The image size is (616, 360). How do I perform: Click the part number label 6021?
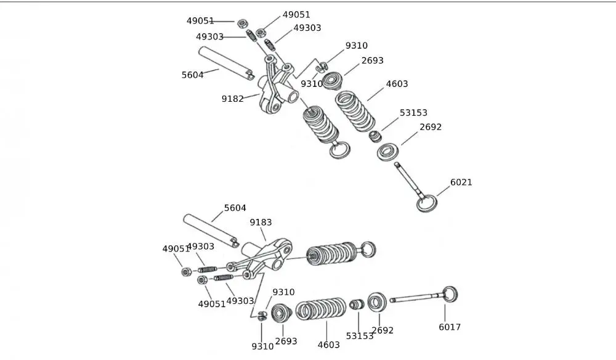tap(461, 182)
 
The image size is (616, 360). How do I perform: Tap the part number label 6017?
tap(449, 327)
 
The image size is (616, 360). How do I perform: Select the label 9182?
tap(233, 99)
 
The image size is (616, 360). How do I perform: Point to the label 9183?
tap(261, 223)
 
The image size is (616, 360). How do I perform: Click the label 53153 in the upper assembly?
tap(413, 113)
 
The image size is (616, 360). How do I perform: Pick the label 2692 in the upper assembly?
tap(431, 128)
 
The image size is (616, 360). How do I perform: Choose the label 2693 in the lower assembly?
tap(286, 342)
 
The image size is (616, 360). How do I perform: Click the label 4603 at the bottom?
tap(328, 345)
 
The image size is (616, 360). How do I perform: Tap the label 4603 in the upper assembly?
tap(397, 84)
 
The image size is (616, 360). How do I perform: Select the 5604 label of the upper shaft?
tap(192, 75)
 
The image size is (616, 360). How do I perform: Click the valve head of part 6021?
tap(426, 203)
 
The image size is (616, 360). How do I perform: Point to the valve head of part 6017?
tap(450, 295)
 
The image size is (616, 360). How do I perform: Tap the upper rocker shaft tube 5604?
tap(227, 63)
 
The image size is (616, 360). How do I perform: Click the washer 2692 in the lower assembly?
tap(377, 302)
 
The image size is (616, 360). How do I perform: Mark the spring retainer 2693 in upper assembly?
tap(333, 80)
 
